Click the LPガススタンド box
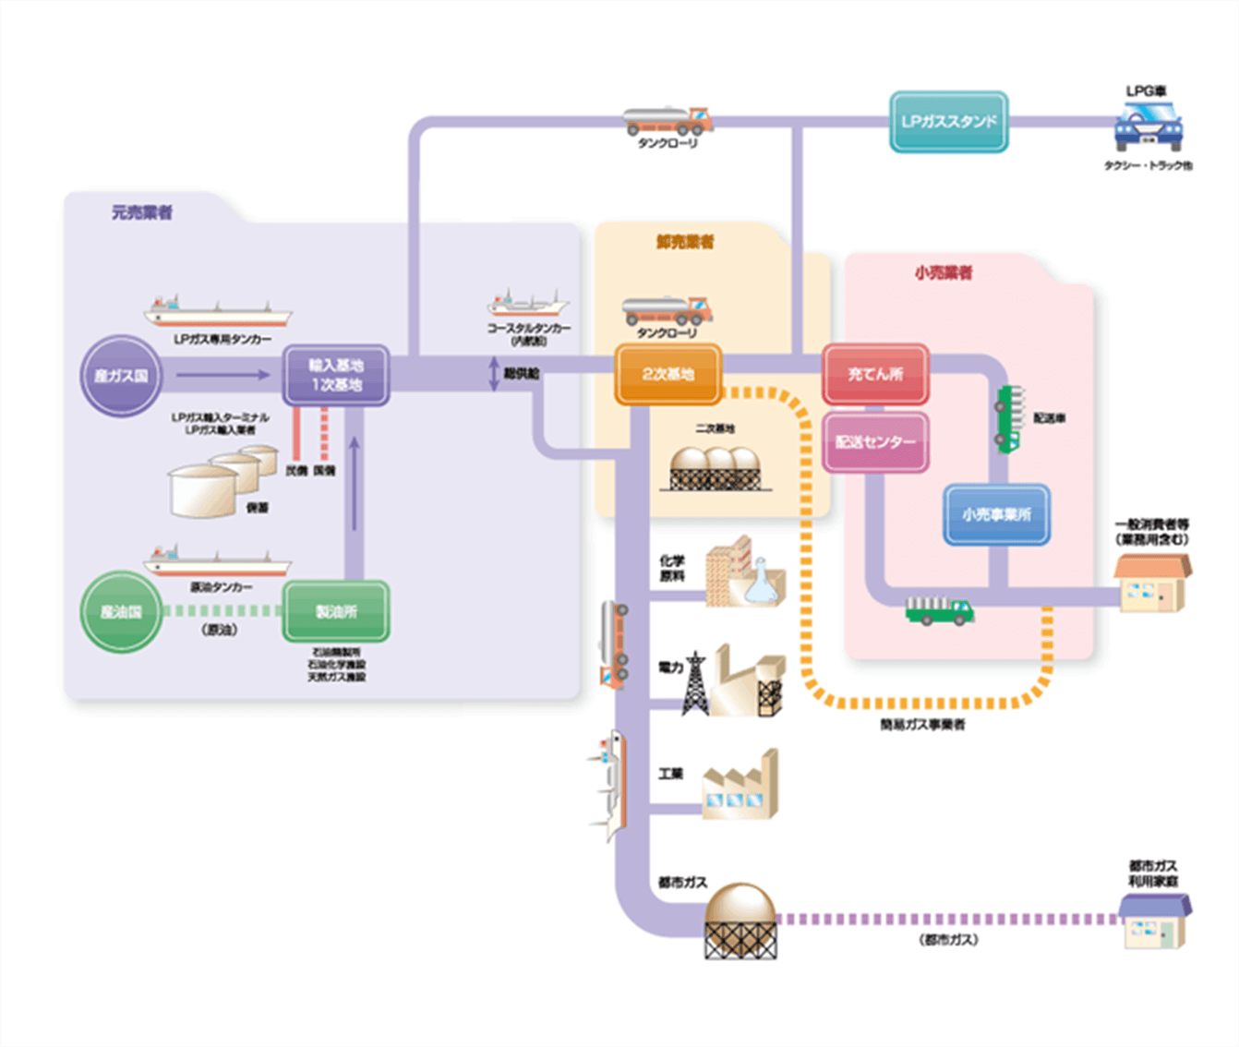click(948, 122)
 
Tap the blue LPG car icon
click(1148, 126)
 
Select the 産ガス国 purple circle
click(121, 376)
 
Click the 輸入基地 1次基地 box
click(336, 375)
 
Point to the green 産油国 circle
click(121, 612)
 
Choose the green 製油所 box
click(336, 612)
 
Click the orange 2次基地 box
click(668, 374)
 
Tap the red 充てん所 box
click(875, 374)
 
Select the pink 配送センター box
click(875, 442)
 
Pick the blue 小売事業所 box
click(996, 514)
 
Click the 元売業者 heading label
click(142, 212)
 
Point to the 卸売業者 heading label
click(685, 242)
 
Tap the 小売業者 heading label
click(943, 272)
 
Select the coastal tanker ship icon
click(528, 305)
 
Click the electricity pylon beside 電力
click(694, 683)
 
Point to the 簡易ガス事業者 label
click(922, 726)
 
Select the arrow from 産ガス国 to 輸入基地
click(223, 375)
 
